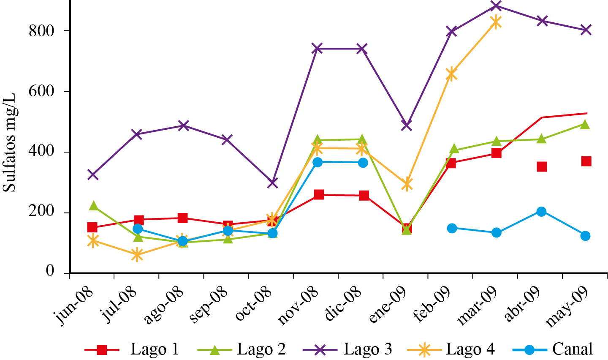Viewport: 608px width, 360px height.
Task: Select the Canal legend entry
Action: click(553, 349)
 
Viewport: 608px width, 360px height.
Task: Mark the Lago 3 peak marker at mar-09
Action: click(496, 5)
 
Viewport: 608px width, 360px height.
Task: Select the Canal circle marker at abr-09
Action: click(541, 211)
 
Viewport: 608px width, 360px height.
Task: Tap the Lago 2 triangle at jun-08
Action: click(93, 206)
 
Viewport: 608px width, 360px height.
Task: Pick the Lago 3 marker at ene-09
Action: click(406, 125)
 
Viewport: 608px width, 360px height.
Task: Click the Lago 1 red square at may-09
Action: click(586, 161)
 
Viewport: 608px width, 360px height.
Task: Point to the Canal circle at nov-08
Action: click(318, 162)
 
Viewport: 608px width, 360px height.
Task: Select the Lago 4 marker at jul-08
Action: click(137, 255)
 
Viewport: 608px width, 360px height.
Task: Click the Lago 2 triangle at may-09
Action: click(585, 124)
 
